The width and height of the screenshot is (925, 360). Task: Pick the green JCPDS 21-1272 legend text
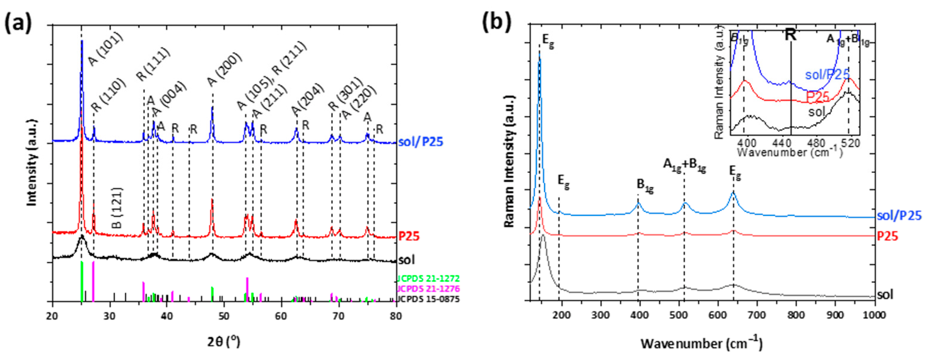(x=428, y=278)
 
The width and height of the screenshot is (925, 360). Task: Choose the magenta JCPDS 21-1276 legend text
(x=428, y=289)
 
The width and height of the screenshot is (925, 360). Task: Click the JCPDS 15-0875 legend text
(x=428, y=299)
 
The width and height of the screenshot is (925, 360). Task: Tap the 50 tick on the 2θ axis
(x=224, y=317)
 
